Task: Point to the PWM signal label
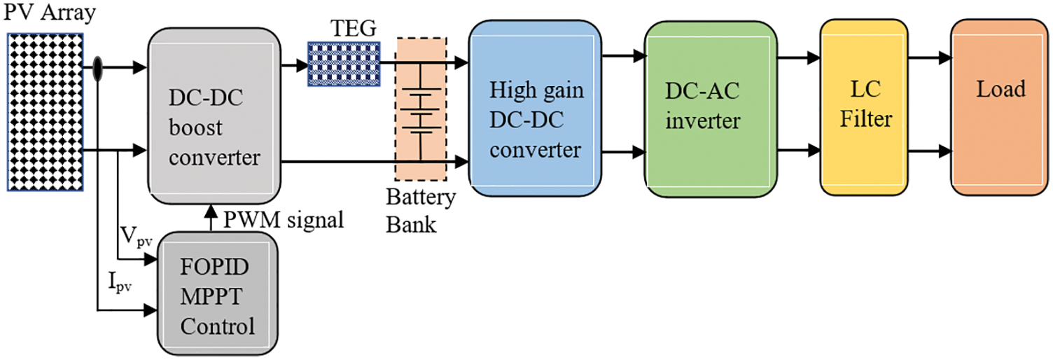283,221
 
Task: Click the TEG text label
353,29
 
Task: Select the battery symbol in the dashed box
421,112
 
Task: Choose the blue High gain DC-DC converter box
536,109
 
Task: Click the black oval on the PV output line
97,68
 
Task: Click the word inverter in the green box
702,120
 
